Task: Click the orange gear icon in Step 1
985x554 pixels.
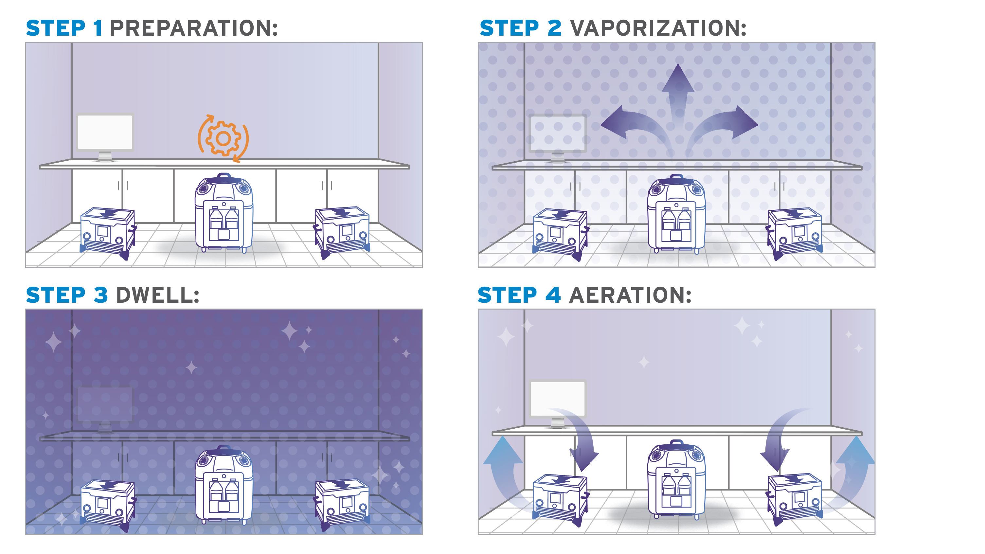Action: click(x=223, y=138)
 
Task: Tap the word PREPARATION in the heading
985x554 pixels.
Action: click(x=194, y=28)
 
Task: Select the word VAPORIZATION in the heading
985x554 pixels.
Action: click(x=658, y=28)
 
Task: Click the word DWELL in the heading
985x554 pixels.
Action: click(x=157, y=295)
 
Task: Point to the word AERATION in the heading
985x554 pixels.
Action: click(x=630, y=295)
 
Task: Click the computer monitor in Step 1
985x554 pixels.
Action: click(x=105, y=137)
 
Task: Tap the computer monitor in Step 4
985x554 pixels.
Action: click(x=558, y=404)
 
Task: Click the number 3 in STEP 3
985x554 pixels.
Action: click(x=100, y=295)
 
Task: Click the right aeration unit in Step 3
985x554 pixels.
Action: click(x=341, y=505)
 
